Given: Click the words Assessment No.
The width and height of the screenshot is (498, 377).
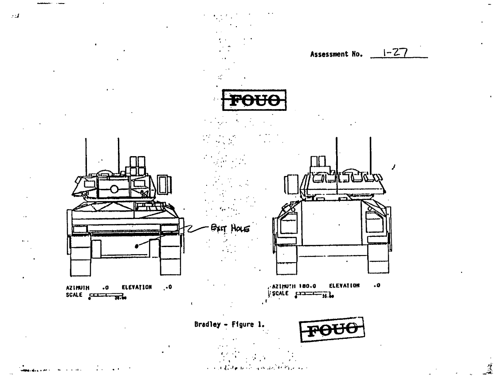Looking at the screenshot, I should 337,55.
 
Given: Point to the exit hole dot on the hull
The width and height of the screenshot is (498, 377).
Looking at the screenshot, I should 137,245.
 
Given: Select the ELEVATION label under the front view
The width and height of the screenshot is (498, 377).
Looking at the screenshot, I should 137,287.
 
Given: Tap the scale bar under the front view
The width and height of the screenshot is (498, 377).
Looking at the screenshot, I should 106,295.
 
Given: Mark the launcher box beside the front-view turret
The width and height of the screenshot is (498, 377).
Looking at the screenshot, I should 164,184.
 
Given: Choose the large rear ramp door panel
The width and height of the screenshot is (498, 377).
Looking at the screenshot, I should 332,224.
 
